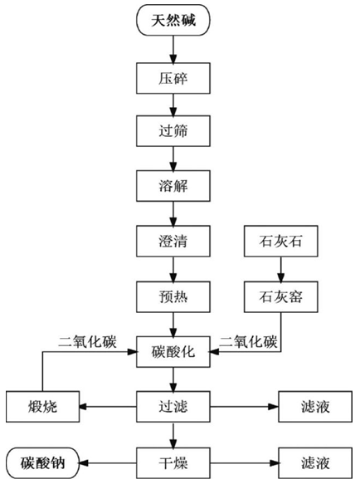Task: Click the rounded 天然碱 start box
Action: tap(173, 20)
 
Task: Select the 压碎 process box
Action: tap(173, 78)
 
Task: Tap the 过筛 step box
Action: tap(173, 131)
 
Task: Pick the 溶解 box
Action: tap(173, 186)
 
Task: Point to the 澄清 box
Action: tap(173, 242)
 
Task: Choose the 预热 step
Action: tap(173, 297)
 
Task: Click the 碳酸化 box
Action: tap(173, 352)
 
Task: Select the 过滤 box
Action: tap(173, 407)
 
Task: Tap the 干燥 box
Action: tap(173, 463)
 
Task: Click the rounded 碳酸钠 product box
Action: tap(42, 463)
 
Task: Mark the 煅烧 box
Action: tap(42, 407)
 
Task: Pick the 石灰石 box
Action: tap(281, 242)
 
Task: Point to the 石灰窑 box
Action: tap(281, 297)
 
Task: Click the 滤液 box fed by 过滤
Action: tap(315, 407)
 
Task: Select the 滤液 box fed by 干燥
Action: tap(315, 463)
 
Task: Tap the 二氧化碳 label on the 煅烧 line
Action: tap(87, 342)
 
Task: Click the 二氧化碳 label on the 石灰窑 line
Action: tap(248, 342)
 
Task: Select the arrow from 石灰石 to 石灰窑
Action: tap(281, 269)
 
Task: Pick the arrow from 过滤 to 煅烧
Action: tap(108, 407)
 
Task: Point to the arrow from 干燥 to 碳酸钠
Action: tap(108, 463)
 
